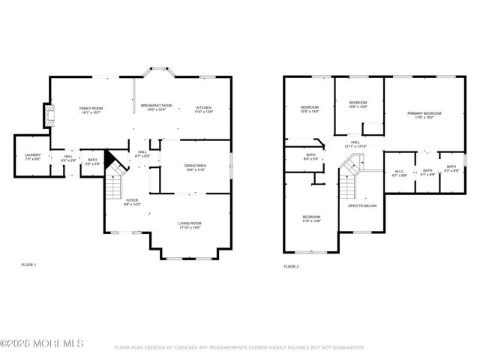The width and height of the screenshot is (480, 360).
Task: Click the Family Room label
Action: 91,109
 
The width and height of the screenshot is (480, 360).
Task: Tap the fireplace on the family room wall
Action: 49,115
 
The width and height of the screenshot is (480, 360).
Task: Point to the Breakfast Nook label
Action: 156,106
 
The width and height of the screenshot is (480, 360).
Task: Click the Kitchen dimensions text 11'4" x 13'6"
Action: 205,112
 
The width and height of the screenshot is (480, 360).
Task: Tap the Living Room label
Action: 189,223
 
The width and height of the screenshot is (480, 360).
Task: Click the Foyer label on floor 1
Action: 132,200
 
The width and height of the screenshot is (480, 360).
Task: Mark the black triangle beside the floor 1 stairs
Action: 111,159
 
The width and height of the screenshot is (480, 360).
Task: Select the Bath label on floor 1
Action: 92,159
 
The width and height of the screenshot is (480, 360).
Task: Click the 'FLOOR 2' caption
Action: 291,266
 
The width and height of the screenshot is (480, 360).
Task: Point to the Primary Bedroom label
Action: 424,113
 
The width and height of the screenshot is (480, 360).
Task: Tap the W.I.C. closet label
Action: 400,171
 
